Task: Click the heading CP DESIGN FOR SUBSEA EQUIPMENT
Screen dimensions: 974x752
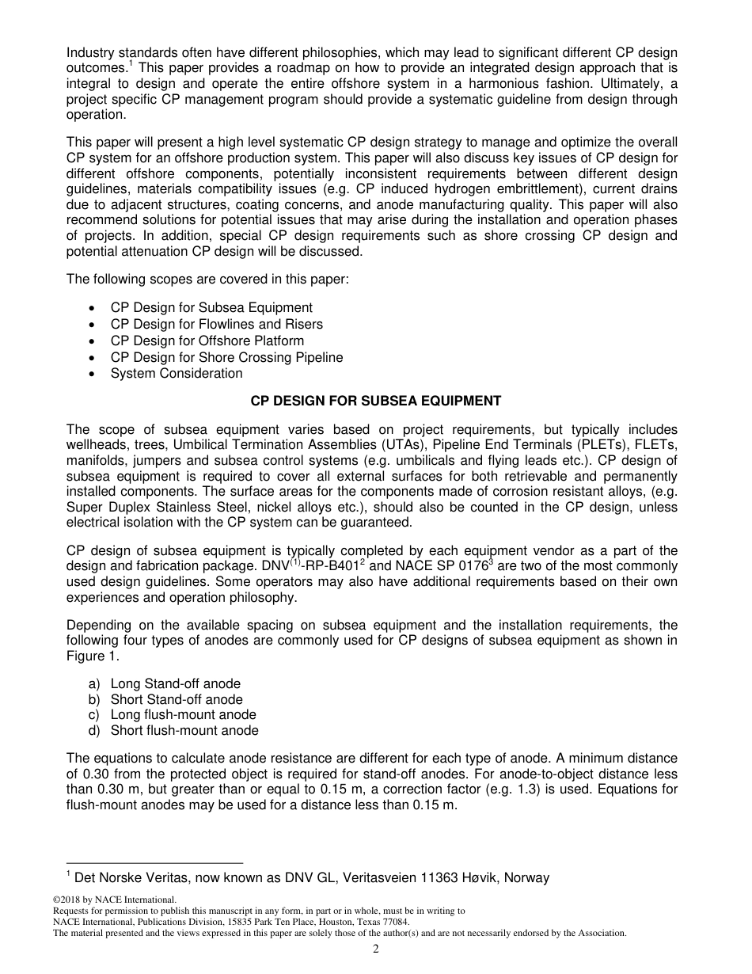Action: (376, 401)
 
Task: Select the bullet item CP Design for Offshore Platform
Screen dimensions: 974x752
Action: (207, 341)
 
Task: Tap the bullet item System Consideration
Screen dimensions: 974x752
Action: (177, 373)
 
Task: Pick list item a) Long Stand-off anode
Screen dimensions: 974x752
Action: (175, 683)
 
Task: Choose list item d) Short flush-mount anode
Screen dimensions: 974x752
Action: (184, 731)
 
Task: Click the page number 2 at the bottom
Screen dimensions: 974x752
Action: (376, 949)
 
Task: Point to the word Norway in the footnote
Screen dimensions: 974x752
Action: (526, 877)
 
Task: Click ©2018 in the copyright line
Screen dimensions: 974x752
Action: (66, 900)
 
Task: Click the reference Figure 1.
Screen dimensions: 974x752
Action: (86, 656)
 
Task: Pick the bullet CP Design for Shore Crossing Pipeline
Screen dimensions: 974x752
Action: (226, 357)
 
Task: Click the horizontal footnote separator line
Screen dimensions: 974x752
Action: (154, 863)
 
